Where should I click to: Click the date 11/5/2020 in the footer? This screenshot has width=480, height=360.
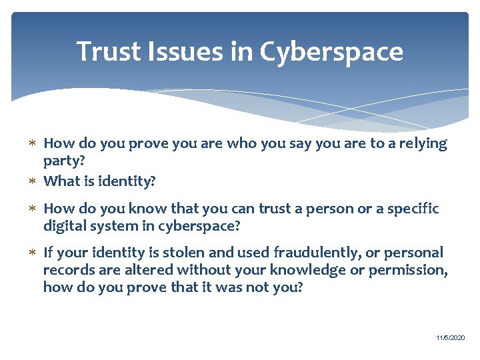[x=451, y=339]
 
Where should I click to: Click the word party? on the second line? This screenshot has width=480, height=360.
[x=64, y=161]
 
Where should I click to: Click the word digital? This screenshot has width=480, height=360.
[x=64, y=226]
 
